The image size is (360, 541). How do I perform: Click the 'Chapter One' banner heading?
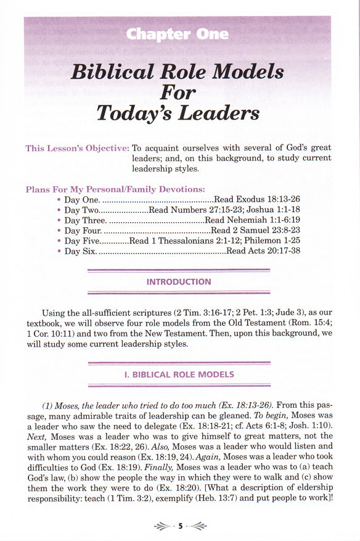click(x=177, y=35)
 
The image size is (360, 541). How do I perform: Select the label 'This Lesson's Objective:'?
click(x=77, y=148)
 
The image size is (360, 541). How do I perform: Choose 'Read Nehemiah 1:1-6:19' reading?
click(x=252, y=220)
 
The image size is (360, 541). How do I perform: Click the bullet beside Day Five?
click(x=59, y=241)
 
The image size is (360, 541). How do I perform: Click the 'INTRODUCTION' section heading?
click(x=179, y=282)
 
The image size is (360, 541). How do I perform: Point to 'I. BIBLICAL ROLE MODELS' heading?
click(x=179, y=374)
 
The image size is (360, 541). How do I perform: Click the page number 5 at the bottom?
click(x=181, y=526)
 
